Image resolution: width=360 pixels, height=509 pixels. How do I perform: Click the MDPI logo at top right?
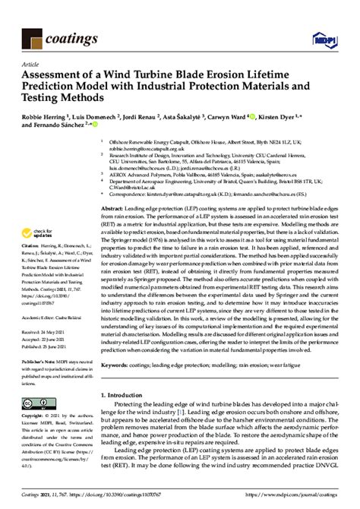(x=333, y=36)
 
